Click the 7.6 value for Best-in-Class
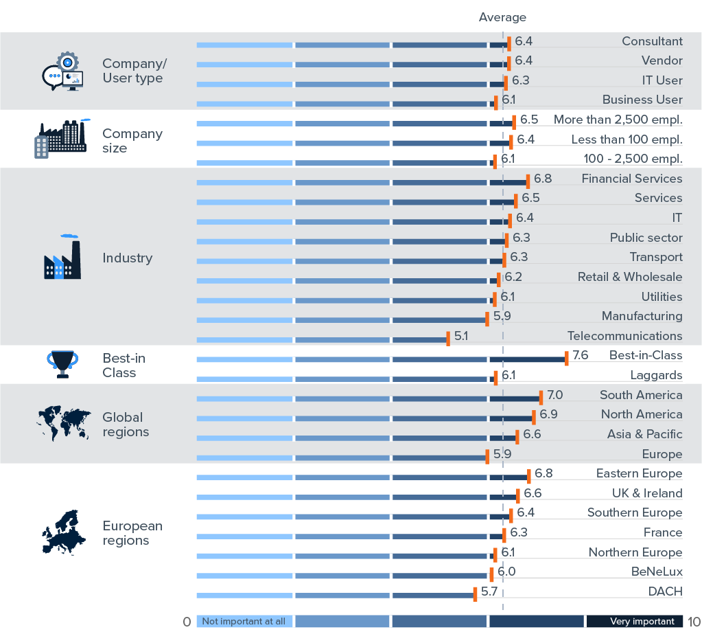(581, 355)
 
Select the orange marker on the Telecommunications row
(448, 339)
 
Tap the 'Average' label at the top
(502, 17)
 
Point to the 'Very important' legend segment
(634, 621)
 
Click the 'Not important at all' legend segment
(244, 621)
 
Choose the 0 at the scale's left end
(187, 622)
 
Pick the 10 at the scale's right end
(693, 622)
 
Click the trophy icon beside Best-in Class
(62, 364)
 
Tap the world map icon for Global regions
(63, 424)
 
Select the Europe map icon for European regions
(62, 532)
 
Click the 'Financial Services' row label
(631, 179)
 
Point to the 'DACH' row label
(665, 591)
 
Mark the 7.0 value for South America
(555, 395)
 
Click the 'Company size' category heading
(132, 141)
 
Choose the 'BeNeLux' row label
(657, 572)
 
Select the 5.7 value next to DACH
(489, 591)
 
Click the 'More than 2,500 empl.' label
(618, 120)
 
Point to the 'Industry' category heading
(127, 258)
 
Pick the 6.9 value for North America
(548, 414)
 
